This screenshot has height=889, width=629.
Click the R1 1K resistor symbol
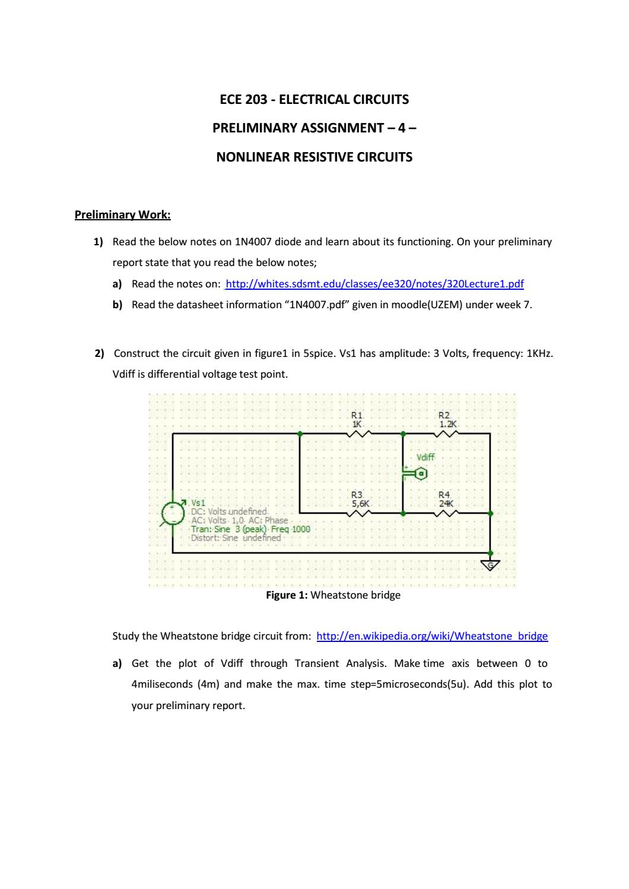pyautogui.click(x=360, y=434)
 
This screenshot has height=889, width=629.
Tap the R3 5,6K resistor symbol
pyautogui.click(x=360, y=512)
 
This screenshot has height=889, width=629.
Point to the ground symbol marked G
pyautogui.click(x=490, y=564)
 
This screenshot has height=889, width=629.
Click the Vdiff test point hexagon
pyautogui.click(x=421, y=473)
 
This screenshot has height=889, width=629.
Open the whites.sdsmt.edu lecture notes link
pyautogui.click(x=375, y=283)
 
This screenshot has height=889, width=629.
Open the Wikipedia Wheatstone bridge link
pyautogui.click(x=433, y=636)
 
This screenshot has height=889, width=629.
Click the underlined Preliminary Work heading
pyautogui.click(x=122, y=214)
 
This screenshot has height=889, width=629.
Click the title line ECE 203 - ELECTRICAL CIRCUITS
pyautogui.click(x=314, y=99)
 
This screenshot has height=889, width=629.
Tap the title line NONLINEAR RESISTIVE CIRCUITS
pyautogui.click(x=314, y=157)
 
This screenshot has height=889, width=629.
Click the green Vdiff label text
pyautogui.click(x=425, y=457)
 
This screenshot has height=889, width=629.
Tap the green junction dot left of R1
pyautogui.click(x=300, y=434)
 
